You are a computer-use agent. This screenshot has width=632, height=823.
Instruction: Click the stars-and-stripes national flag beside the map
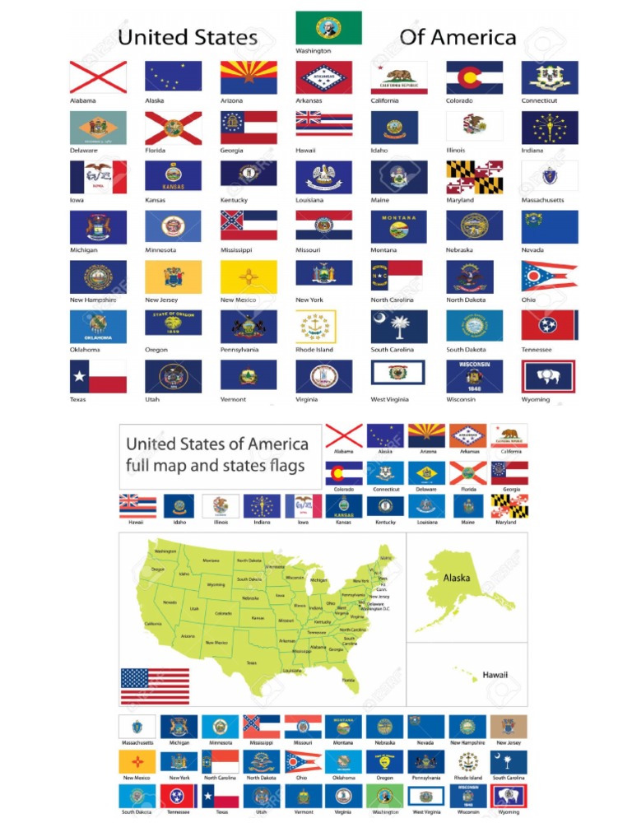point(155,686)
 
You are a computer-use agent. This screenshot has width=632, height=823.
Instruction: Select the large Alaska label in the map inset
point(458,578)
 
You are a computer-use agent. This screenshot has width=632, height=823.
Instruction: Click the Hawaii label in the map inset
point(495,675)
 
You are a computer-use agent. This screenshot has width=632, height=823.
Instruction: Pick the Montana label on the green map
point(210,560)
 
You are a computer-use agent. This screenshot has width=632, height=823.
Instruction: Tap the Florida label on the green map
point(349,680)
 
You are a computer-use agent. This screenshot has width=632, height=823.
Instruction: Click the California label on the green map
point(153,623)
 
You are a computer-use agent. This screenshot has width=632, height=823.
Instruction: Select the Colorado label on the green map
point(223,613)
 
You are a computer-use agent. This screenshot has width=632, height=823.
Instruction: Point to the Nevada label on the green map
point(170,602)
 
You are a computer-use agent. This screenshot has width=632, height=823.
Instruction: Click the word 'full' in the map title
point(142,466)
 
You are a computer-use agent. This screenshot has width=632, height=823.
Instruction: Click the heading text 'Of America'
point(458,37)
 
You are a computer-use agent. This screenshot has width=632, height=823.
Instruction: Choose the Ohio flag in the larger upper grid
point(549,276)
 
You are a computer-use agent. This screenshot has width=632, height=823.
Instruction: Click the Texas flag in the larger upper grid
point(97,376)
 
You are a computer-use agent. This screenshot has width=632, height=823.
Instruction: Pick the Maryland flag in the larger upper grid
point(474,176)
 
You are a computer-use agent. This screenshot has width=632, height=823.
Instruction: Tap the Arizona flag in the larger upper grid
point(248,77)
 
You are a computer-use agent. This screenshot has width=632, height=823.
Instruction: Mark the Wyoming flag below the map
point(509,796)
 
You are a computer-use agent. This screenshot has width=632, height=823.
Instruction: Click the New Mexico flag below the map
point(137,761)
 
